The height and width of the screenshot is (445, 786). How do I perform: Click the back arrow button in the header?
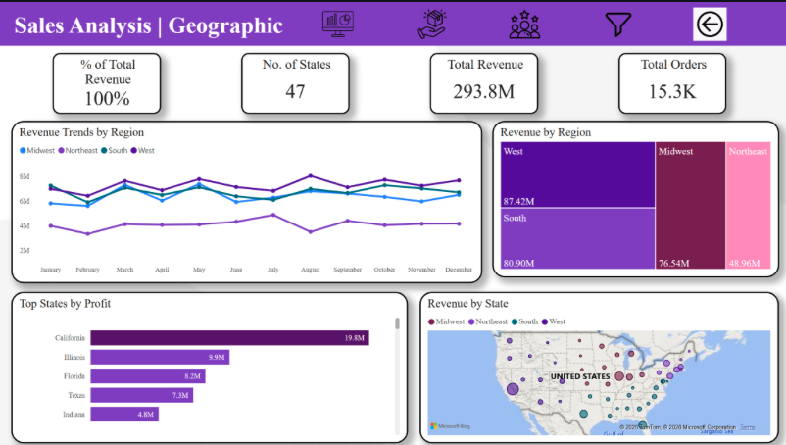click(710, 25)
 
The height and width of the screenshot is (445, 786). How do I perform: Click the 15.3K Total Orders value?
click(672, 92)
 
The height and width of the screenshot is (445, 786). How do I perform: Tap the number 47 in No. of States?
click(295, 92)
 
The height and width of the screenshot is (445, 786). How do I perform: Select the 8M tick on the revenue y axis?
click(25, 176)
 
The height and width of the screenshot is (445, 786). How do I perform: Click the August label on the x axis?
click(310, 269)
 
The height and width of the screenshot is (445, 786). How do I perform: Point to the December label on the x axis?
click(458, 269)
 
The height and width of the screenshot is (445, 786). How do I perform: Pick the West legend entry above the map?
click(555, 321)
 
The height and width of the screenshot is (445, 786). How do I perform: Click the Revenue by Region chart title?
click(545, 132)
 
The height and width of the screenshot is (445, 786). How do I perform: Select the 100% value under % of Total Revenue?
click(108, 98)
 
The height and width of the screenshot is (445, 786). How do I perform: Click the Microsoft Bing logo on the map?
click(452, 426)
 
